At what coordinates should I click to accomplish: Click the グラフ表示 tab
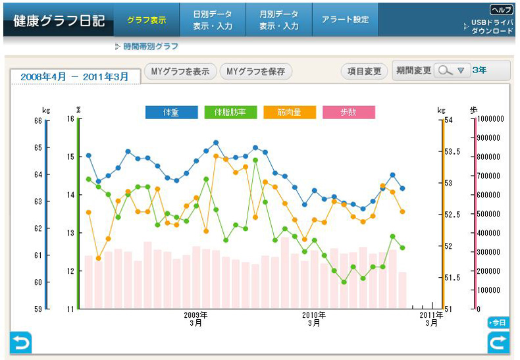click(x=146, y=20)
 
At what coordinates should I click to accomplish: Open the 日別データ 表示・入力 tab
click(x=213, y=20)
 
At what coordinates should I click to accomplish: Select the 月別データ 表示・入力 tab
click(x=279, y=20)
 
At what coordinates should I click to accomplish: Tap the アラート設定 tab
click(x=345, y=20)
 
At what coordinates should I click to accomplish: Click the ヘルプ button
click(x=501, y=10)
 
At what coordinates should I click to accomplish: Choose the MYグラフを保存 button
click(x=255, y=72)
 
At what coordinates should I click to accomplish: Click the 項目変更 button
click(x=364, y=72)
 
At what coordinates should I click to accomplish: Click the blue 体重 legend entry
click(x=171, y=112)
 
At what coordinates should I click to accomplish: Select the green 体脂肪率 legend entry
click(x=230, y=112)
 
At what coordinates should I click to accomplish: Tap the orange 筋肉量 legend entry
click(x=289, y=112)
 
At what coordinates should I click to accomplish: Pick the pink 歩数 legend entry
click(x=348, y=112)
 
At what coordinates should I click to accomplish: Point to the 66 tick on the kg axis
click(x=37, y=120)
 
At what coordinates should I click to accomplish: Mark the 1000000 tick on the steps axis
click(x=490, y=119)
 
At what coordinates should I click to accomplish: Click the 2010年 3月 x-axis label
click(x=314, y=319)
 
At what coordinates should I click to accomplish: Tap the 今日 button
click(x=498, y=322)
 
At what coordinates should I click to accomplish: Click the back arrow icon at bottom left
click(x=20, y=342)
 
